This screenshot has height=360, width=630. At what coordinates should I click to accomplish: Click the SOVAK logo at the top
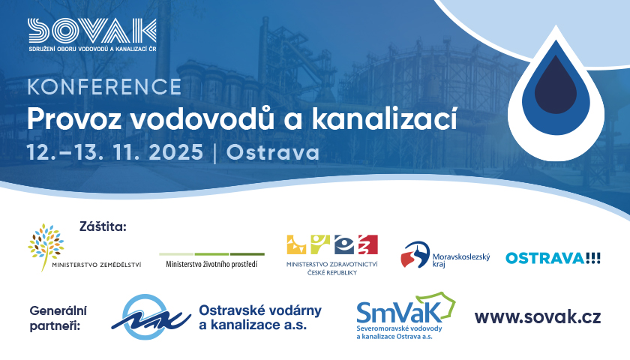click(x=92, y=34)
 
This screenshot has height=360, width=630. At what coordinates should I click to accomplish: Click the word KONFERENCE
click(x=104, y=87)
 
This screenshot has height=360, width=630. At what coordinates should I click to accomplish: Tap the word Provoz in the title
click(x=73, y=119)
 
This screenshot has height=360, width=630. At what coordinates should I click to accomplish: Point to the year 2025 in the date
click(x=176, y=153)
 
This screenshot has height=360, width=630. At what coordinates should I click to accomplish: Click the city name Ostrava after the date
click(x=273, y=153)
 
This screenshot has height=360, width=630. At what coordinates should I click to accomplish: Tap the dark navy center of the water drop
click(x=556, y=86)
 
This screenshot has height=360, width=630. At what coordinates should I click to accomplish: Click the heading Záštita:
click(x=103, y=226)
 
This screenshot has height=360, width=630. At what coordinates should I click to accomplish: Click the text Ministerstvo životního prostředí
click(x=211, y=264)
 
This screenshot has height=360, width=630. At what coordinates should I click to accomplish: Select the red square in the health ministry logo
click(x=368, y=244)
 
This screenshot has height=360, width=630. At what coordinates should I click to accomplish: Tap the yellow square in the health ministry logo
click(x=296, y=244)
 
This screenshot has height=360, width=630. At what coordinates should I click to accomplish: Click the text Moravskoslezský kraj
click(x=461, y=260)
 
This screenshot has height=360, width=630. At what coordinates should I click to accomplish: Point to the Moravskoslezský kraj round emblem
click(x=415, y=255)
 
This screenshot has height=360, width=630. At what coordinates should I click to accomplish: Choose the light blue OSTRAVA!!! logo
click(x=553, y=258)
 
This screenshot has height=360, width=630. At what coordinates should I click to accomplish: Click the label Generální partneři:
click(x=58, y=318)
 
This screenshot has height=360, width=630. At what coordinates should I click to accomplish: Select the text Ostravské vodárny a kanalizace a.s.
click(x=260, y=317)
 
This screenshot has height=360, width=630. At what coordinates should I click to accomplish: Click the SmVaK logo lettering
click(x=400, y=313)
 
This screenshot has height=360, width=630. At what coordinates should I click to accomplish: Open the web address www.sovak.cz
click(x=538, y=317)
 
